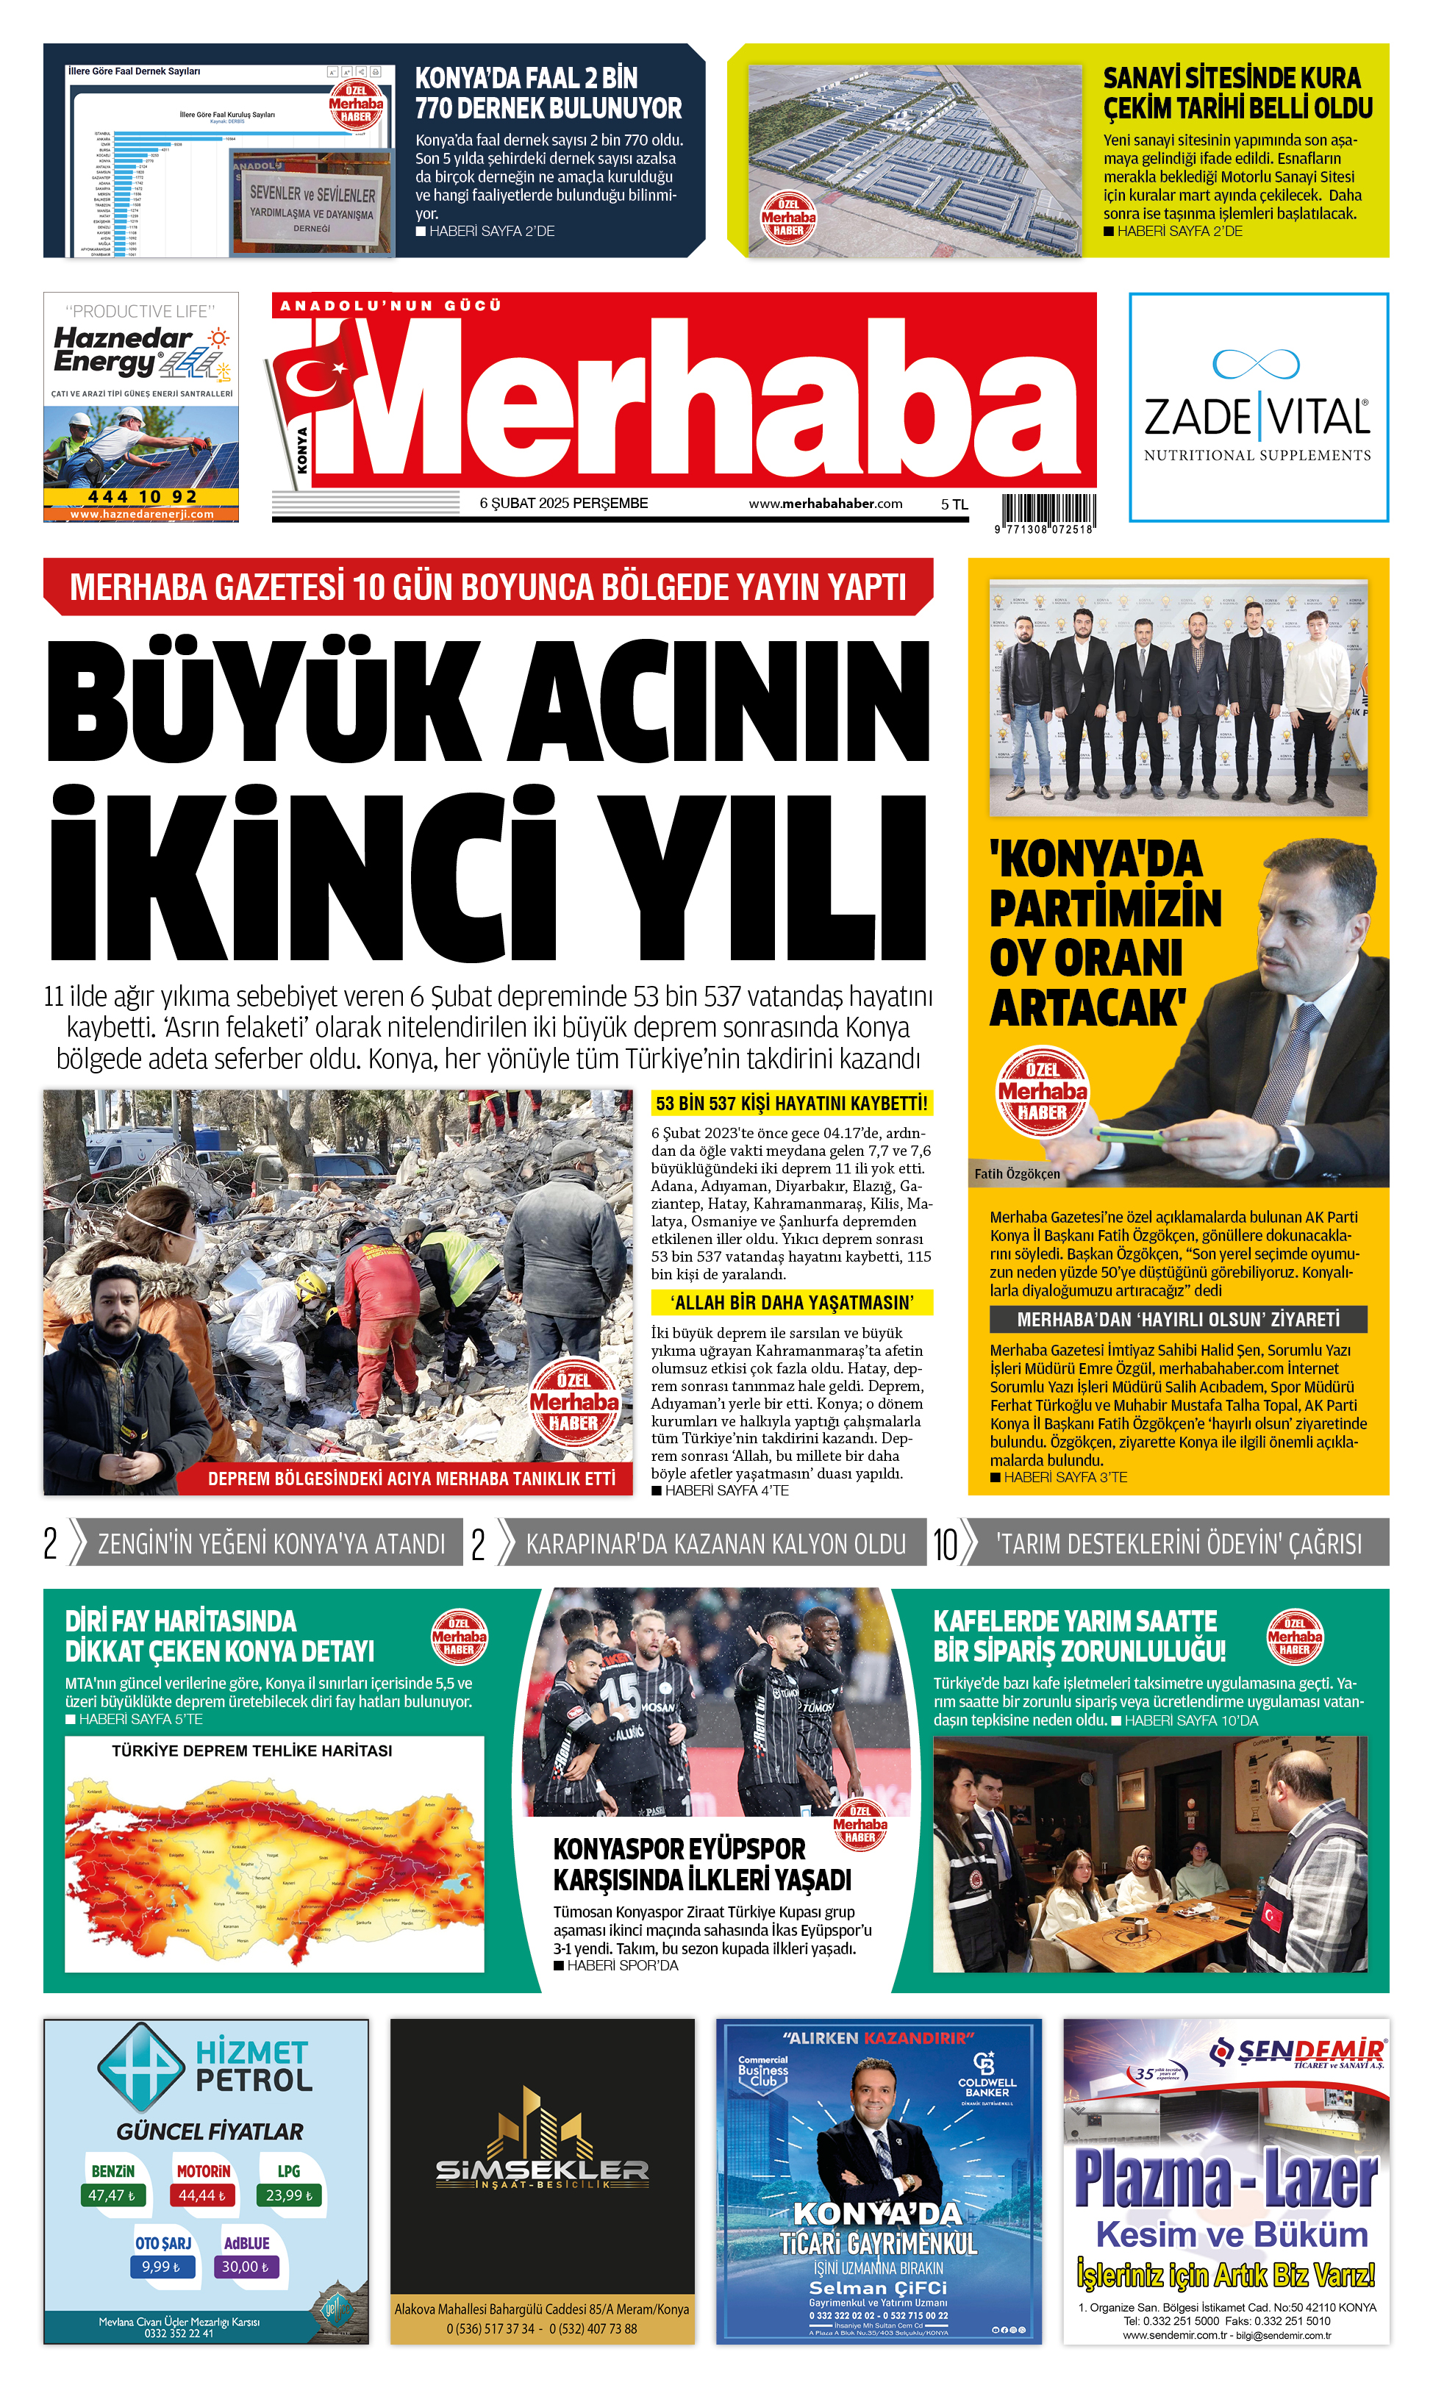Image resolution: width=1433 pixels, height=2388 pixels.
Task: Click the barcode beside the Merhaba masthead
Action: (x=1048, y=510)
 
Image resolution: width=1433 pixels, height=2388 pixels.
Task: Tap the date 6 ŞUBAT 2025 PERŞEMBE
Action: (x=563, y=503)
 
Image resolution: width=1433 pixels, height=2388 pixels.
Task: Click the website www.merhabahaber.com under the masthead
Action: (x=825, y=503)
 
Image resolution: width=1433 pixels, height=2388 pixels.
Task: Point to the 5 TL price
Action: (x=954, y=504)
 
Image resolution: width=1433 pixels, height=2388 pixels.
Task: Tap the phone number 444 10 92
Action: (x=142, y=496)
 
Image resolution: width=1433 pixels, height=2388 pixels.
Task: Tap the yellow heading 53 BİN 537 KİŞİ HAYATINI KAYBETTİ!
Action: (x=791, y=1103)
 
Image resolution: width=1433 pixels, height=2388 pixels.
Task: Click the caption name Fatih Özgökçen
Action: (x=1017, y=1173)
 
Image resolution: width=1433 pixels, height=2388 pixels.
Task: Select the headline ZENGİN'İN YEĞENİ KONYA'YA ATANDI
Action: (x=271, y=1544)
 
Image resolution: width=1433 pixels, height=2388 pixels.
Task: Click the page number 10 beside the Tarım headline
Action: (x=944, y=1544)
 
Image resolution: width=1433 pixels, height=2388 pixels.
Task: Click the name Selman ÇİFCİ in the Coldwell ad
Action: (x=878, y=2287)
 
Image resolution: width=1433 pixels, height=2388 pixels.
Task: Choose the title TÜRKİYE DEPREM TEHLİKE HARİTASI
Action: (x=252, y=1751)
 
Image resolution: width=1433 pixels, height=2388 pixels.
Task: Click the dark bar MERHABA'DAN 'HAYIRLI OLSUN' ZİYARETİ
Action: (x=1178, y=1319)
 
